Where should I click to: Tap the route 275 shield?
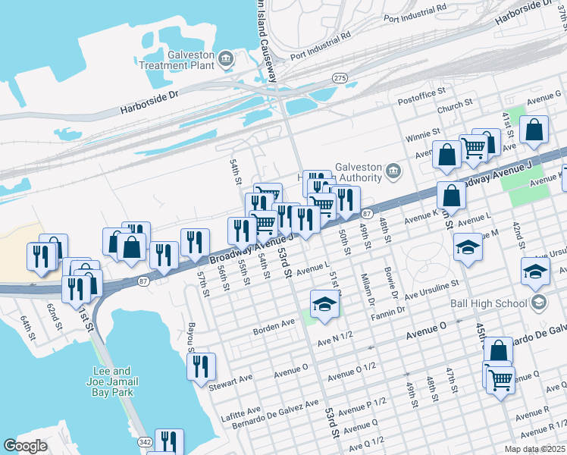340,78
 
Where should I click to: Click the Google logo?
25,447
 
